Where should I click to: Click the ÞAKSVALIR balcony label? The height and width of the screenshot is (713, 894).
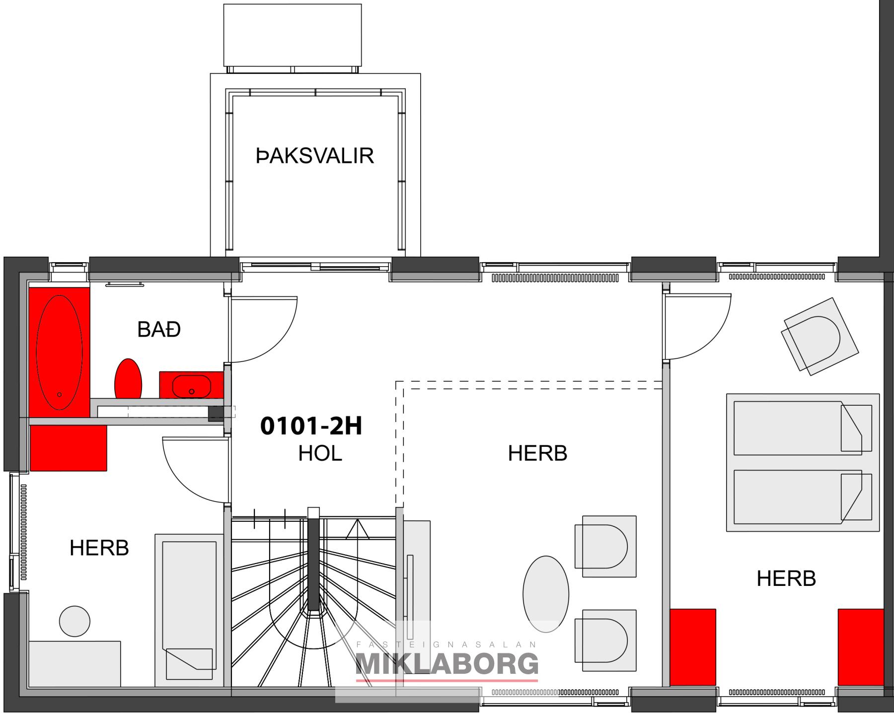click(x=315, y=155)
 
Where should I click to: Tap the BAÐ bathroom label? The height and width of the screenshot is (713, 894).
click(x=159, y=330)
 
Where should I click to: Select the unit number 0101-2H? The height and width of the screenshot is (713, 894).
click(x=311, y=426)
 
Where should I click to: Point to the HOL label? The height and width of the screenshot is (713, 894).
click(x=320, y=453)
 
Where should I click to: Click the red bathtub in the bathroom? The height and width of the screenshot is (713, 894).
click(x=59, y=352)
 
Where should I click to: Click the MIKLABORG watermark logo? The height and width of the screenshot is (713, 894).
click(x=447, y=664)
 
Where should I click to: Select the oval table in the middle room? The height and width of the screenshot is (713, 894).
click(x=546, y=594)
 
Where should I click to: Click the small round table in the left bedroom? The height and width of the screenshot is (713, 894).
click(x=74, y=621)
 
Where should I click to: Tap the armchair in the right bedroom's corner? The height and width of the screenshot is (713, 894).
click(x=819, y=337)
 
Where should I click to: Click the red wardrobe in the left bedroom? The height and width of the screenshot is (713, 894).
click(x=69, y=448)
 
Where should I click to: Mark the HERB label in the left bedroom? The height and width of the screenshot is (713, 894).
click(x=99, y=548)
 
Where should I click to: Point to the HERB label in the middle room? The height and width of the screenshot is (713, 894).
click(x=537, y=453)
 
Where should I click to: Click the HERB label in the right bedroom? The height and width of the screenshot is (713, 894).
click(x=786, y=578)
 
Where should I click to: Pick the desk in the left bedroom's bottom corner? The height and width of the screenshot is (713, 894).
click(x=74, y=664)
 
